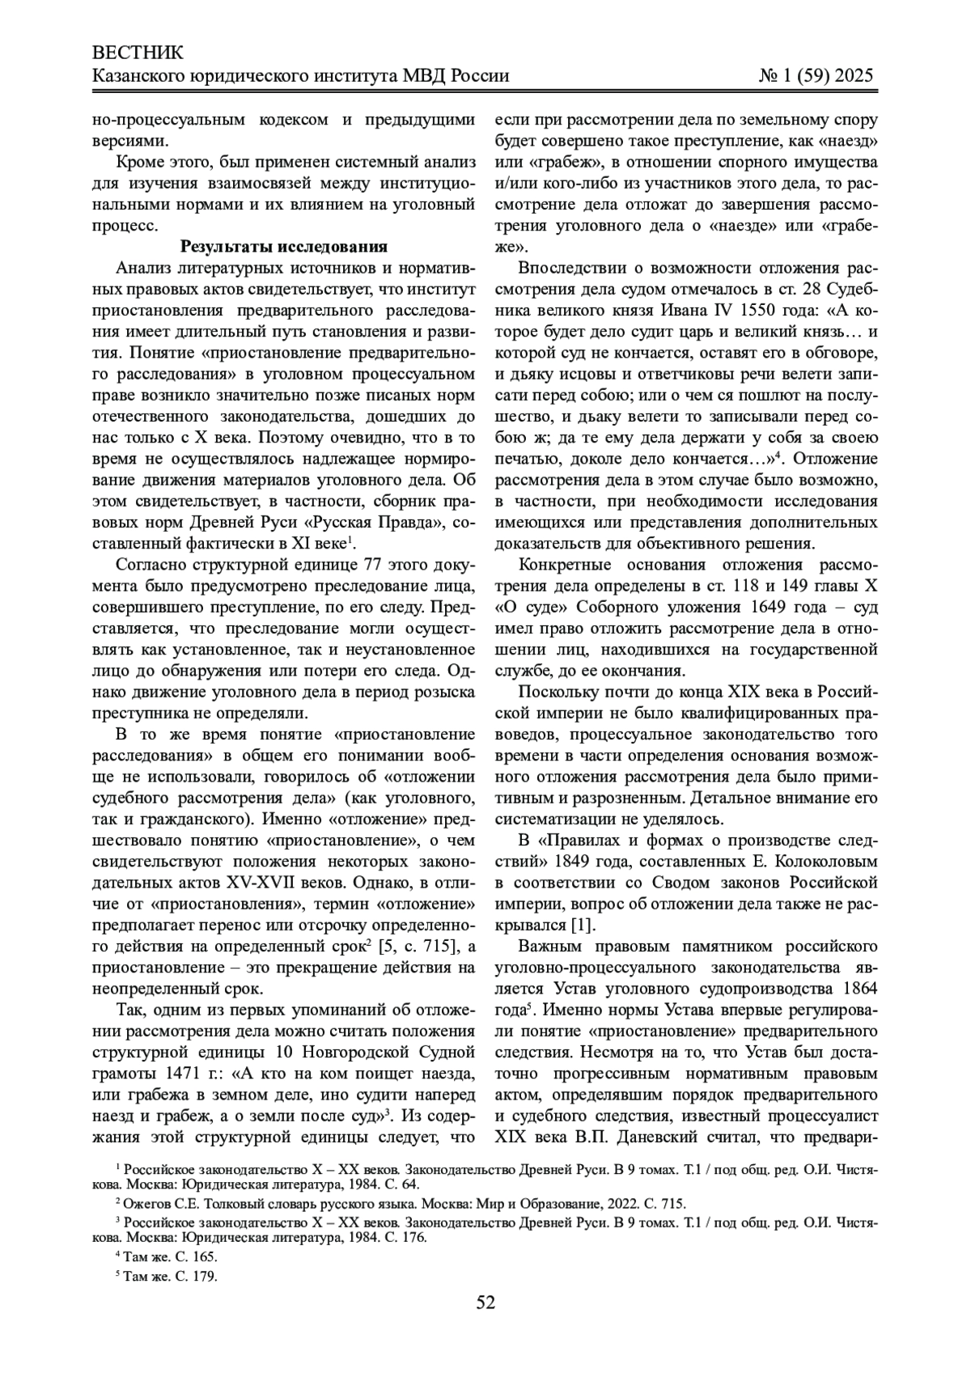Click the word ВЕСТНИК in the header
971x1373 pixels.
138,54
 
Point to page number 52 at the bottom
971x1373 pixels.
485,1302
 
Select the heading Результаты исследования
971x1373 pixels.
284,247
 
